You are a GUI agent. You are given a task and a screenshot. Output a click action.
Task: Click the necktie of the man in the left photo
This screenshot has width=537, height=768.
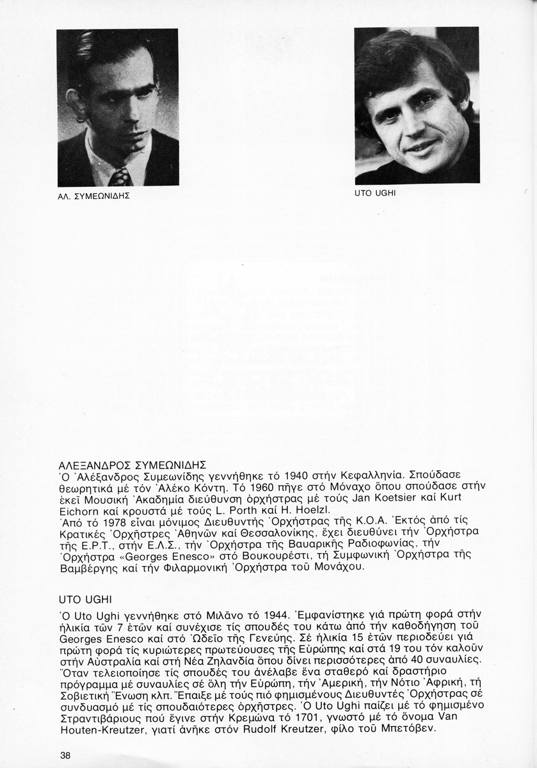pyautogui.click(x=120, y=177)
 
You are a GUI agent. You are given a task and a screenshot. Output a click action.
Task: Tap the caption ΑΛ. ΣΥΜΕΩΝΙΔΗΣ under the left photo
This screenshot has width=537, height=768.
pyautogui.click(x=94, y=196)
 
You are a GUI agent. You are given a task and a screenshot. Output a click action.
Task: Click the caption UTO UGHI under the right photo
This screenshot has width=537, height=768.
pyautogui.click(x=375, y=193)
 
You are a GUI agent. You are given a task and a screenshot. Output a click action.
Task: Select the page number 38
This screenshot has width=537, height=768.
pyautogui.click(x=65, y=755)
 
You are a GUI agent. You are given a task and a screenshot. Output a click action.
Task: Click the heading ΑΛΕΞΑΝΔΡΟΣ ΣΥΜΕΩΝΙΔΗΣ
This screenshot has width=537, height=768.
pyautogui.click(x=127, y=465)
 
